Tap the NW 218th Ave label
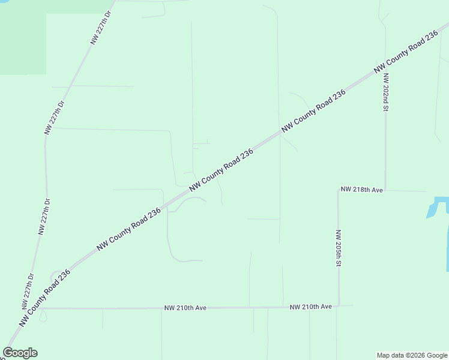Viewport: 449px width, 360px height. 361,190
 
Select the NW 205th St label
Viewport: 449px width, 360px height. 339,248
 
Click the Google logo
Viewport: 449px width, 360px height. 20,353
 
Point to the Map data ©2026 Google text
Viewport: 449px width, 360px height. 411,355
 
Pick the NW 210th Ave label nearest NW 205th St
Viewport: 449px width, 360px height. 310,307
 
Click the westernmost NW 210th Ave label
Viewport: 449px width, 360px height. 185,308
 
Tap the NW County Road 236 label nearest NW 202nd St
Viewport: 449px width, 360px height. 406,52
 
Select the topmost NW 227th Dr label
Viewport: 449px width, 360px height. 101,27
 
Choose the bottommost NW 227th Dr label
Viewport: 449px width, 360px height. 27,291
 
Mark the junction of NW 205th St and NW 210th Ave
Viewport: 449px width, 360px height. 339,306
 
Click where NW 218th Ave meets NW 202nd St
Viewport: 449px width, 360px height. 385,190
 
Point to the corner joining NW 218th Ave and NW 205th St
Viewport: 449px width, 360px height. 339,190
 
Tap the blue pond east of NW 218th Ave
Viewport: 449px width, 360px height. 438,206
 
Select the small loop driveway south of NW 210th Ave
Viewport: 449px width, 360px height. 42,316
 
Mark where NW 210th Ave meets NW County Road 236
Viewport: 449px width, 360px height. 40,308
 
